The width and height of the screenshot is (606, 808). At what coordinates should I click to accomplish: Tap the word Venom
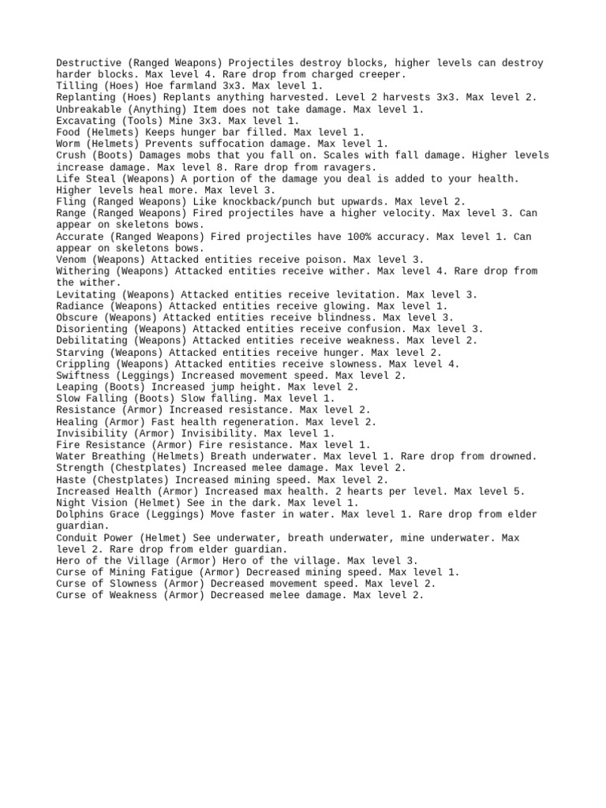coord(71,260)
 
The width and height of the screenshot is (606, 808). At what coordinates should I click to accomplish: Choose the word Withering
coord(83,271)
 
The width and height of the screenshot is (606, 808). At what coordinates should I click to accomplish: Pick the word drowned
coord(511,456)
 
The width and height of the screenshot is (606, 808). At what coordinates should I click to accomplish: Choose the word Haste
coord(71,479)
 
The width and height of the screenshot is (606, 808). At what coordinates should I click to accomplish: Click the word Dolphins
coord(80,514)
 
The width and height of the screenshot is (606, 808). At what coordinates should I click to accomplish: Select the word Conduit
coord(77,537)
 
